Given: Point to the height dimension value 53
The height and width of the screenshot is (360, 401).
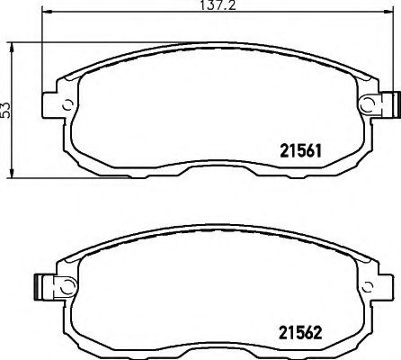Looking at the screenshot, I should tap(6, 110).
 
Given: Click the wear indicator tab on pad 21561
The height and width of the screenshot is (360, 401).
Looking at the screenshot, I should tap(388, 106).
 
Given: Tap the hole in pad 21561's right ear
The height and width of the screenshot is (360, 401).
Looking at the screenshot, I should tap(366, 106).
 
